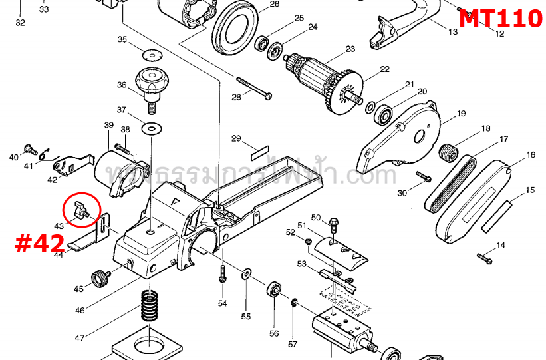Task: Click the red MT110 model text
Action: (x=500, y=19)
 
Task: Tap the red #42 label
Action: (x=39, y=244)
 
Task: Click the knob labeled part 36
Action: (x=150, y=83)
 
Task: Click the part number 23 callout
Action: (x=350, y=49)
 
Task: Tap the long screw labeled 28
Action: (x=253, y=89)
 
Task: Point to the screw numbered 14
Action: (x=484, y=256)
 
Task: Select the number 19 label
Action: (x=460, y=114)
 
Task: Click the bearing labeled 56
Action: (x=273, y=291)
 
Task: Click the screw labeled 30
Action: (x=424, y=177)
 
